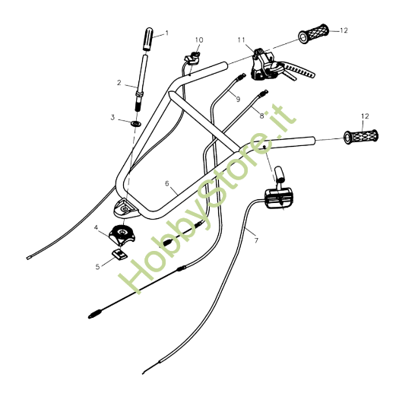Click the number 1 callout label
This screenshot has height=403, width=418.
point(167,33)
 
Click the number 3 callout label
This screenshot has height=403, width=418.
point(112,118)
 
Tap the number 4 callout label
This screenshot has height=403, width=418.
point(97,227)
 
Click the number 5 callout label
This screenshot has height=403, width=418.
point(97,266)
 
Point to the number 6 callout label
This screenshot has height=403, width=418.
point(167,183)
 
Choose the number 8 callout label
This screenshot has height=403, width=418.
point(261,116)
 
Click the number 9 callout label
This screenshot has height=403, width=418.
point(237,99)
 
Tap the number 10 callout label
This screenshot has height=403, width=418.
point(199,40)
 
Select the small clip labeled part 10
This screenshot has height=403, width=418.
point(192,57)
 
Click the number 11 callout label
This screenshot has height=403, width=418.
point(241,39)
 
